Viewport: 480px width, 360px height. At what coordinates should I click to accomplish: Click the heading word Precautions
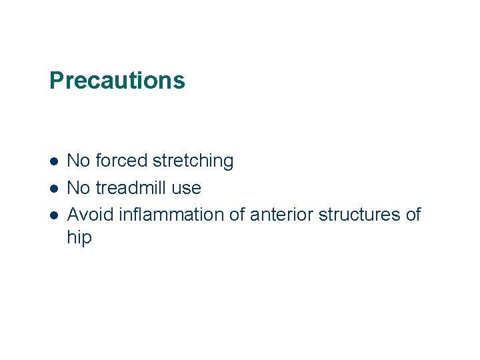(x=117, y=81)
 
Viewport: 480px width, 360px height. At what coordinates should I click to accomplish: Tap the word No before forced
(x=79, y=161)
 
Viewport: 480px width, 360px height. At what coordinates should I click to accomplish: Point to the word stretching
(x=193, y=161)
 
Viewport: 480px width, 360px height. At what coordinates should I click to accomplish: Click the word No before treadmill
(x=79, y=188)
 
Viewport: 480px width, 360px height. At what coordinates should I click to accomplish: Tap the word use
(x=186, y=189)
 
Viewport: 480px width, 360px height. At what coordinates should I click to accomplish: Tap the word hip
(x=79, y=237)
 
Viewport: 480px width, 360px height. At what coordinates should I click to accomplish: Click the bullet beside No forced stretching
(x=53, y=161)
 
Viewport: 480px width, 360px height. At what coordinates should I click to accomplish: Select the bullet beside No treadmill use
(x=53, y=189)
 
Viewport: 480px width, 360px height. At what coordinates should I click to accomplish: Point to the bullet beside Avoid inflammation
(x=53, y=215)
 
